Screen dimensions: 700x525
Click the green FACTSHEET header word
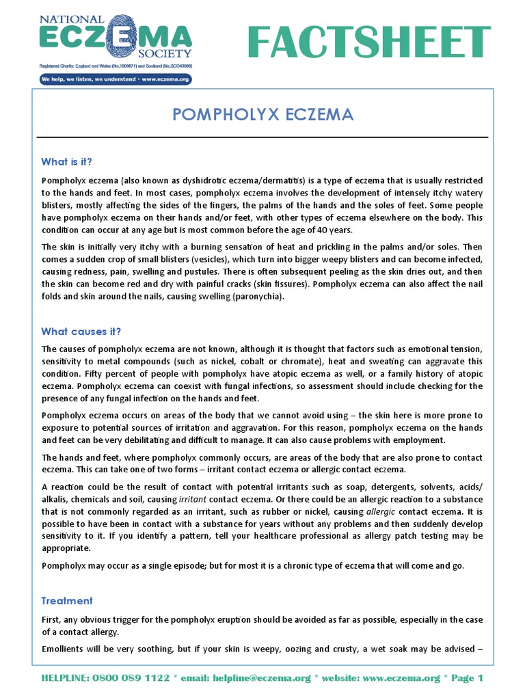point(369,42)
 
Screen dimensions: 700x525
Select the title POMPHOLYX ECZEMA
point(263,114)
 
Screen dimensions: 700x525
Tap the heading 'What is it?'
point(66,162)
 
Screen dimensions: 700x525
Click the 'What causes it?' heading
point(81,332)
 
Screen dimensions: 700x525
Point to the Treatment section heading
point(66,601)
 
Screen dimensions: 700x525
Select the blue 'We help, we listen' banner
point(115,79)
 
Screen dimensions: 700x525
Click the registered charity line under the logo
point(115,66)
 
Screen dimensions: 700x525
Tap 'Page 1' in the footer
point(466,678)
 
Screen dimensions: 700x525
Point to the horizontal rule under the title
point(263,137)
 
